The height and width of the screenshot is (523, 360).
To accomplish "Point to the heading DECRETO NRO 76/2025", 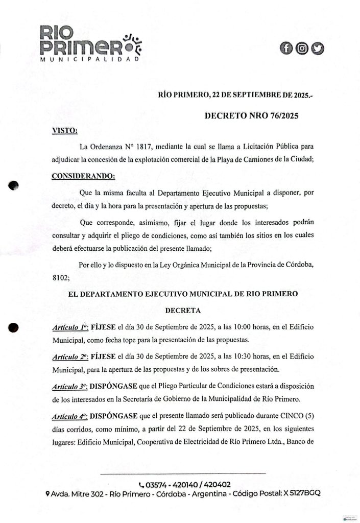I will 251,116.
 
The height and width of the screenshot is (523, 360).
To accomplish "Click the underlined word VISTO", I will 65,131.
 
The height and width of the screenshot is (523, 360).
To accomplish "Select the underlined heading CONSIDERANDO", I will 84,177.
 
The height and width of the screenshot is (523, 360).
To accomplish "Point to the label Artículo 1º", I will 70,326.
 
